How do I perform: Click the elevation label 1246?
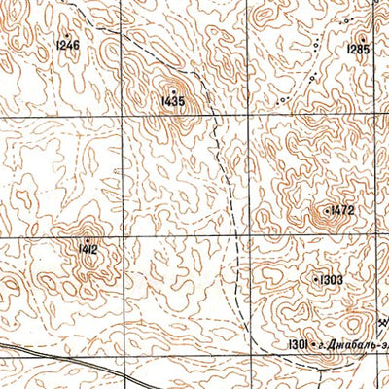point(68,46)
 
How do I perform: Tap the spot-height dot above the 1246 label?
point(68,35)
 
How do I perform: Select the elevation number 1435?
point(174,100)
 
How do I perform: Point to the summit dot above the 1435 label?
point(174,90)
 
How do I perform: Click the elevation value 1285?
point(358,49)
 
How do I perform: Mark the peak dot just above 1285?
point(362,38)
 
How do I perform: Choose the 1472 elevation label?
point(341,210)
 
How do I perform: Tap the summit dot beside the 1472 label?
point(326,210)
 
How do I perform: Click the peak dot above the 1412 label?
point(88,239)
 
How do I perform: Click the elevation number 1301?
point(298,343)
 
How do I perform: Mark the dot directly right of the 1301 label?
point(313,343)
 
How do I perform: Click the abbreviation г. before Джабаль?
point(322,344)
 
